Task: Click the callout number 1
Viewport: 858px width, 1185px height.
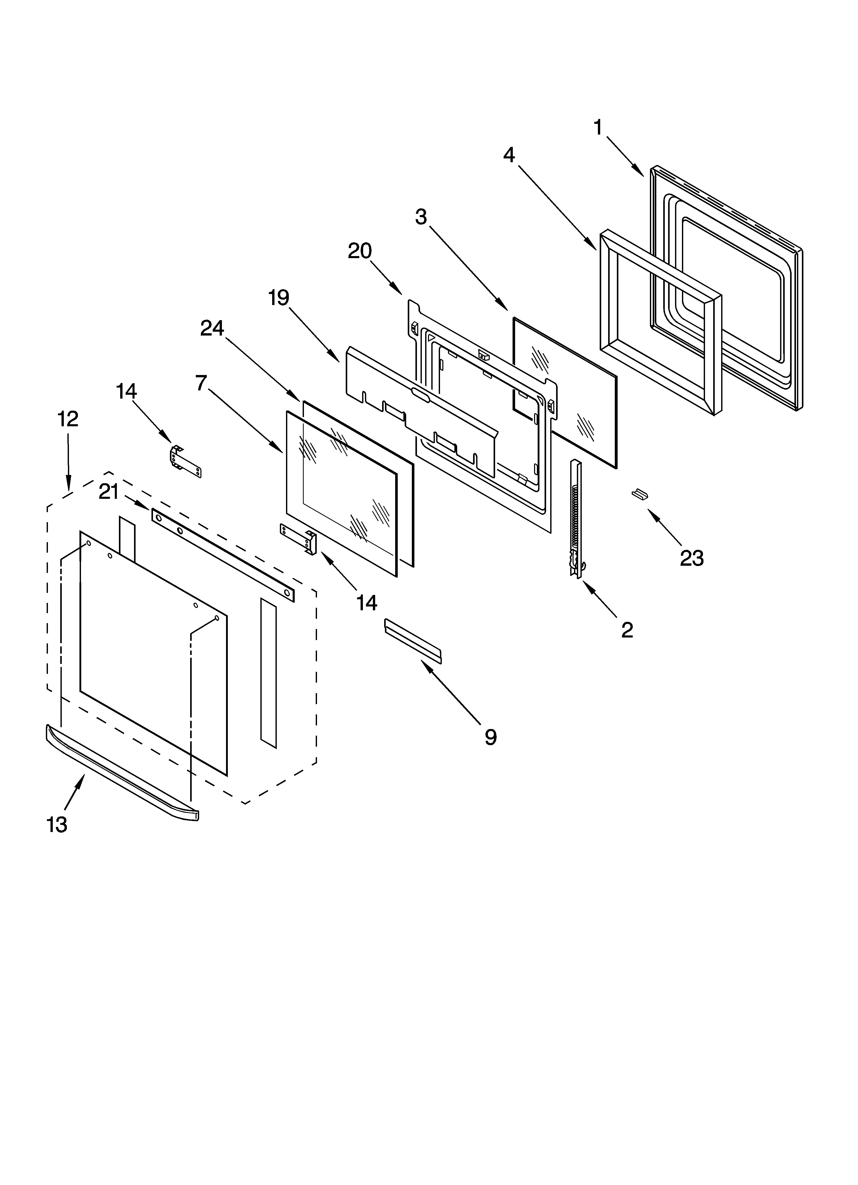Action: click(x=598, y=128)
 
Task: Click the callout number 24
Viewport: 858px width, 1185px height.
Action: click(x=212, y=328)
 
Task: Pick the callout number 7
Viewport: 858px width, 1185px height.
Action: click(x=202, y=383)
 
